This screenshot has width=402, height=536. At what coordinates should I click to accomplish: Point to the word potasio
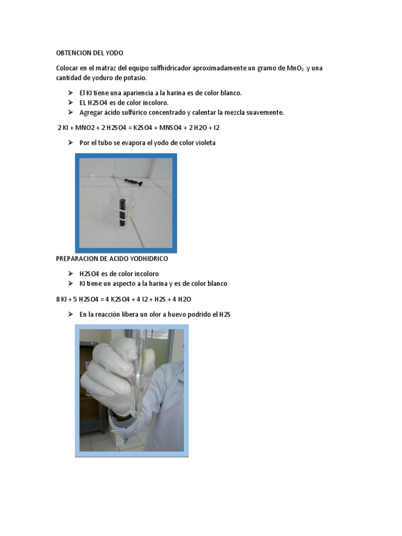coord(135,78)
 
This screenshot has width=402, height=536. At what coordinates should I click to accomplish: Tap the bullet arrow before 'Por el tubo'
coord(71,142)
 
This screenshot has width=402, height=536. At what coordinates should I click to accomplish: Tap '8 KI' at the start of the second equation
coord(63,299)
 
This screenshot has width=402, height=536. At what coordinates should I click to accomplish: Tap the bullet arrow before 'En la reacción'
coord(71,314)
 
